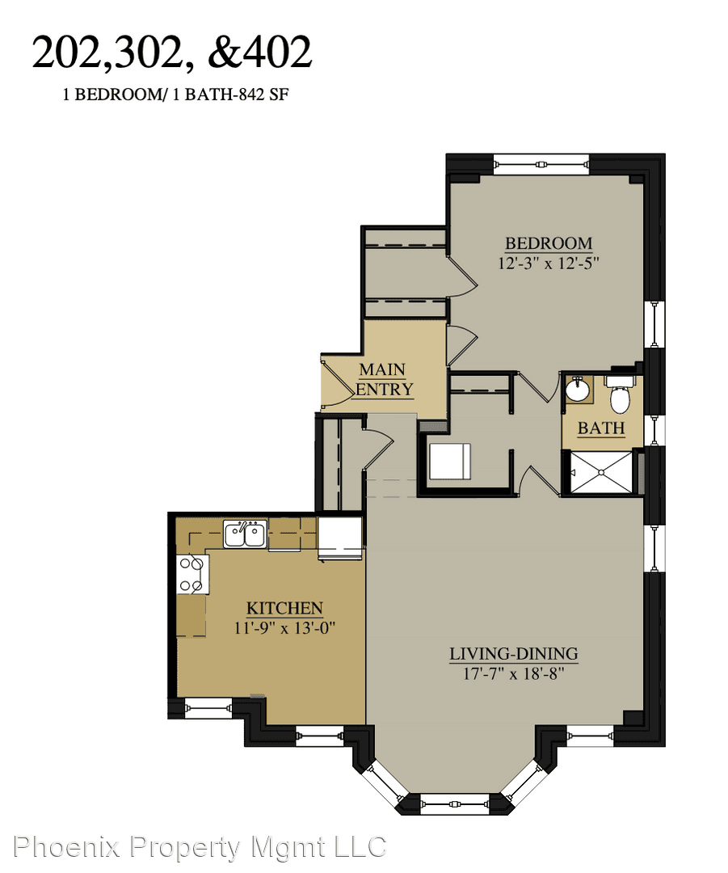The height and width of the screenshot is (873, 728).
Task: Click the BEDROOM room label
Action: [x=549, y=243]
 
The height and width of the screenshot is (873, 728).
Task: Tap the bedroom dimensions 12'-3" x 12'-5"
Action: [x=549, y=263]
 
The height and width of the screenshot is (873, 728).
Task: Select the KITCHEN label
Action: [x=284, y=608]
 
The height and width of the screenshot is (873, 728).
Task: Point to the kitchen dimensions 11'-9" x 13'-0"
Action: [x=284, y=628]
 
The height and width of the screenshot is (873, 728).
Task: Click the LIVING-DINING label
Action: [x=514, y=654]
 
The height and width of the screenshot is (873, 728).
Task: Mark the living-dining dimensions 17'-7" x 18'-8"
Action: [x=514, y=673]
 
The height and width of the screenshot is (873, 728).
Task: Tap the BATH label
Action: [x=601, y=428]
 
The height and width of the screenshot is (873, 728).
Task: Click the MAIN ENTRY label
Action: [x=384, y=379]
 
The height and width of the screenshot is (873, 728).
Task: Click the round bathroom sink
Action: [x=578, y=390]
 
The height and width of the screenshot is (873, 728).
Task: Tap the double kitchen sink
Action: [x=246, y=534]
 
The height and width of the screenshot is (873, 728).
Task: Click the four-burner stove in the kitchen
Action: [x=192, y=575]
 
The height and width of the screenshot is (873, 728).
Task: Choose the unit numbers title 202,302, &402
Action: [x=172, y=53]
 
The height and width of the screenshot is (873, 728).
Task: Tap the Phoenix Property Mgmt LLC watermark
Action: [x=200, y=847]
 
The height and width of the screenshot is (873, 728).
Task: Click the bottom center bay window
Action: [x=455, y=804]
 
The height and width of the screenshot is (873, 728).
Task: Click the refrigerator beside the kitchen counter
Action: [x=340, y=538]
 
